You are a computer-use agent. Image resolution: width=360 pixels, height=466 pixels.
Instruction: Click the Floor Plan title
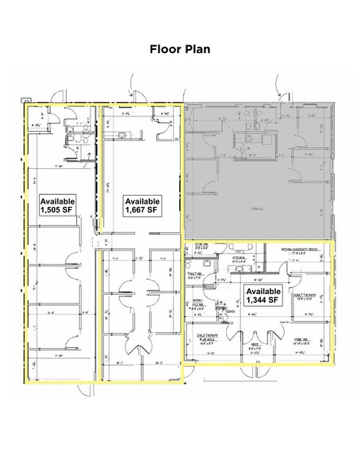[179, 49]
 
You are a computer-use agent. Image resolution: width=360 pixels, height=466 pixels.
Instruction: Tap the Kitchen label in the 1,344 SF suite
[238, 258]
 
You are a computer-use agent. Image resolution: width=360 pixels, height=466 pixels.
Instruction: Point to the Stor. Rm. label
[201, 245]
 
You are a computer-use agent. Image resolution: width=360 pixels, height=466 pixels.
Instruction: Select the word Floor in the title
[164, 49]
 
